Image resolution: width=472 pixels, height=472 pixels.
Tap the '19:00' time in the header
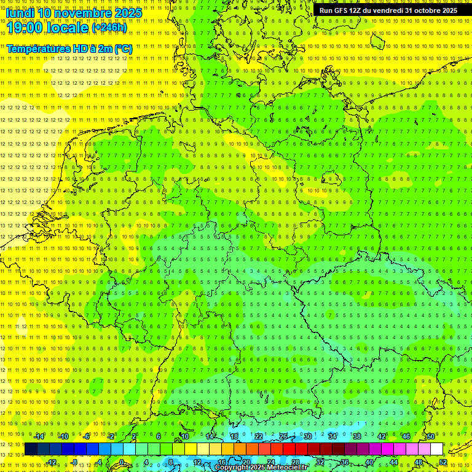pyautogui.click(x=25, y=28)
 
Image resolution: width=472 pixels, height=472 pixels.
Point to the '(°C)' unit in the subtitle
pyautogui.click(x=122, y=49)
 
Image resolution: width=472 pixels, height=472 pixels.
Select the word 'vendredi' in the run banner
pyautogui.click(x=385, y=10)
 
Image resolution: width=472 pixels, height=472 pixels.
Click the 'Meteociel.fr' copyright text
pyautogui.click(x=282, y=467)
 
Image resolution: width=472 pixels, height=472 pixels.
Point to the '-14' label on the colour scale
pyautogui.click(x=39, y=436)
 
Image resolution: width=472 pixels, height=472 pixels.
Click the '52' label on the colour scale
pyautogui.click(x=443, y=462)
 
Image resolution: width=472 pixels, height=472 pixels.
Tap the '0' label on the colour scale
pyautogui.click(x=122, y=462)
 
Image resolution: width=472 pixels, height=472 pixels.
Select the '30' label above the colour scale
pyautogui.click(x=308, y=436)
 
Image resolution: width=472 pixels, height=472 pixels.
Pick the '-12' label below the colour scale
pyautogui.click(x=51, y=462)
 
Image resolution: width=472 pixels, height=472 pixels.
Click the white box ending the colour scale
pyautogui.click(x=436, y=449)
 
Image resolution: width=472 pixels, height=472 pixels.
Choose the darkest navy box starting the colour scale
pyautogui.click(x=31, y=449)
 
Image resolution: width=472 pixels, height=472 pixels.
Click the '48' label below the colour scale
pyautogui.click(x=419, y=462)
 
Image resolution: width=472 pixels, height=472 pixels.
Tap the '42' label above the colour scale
pyautogui.click(x=382, y=436)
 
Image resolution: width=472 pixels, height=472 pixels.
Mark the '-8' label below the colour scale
pyautogui.click(x=75, y=462)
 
